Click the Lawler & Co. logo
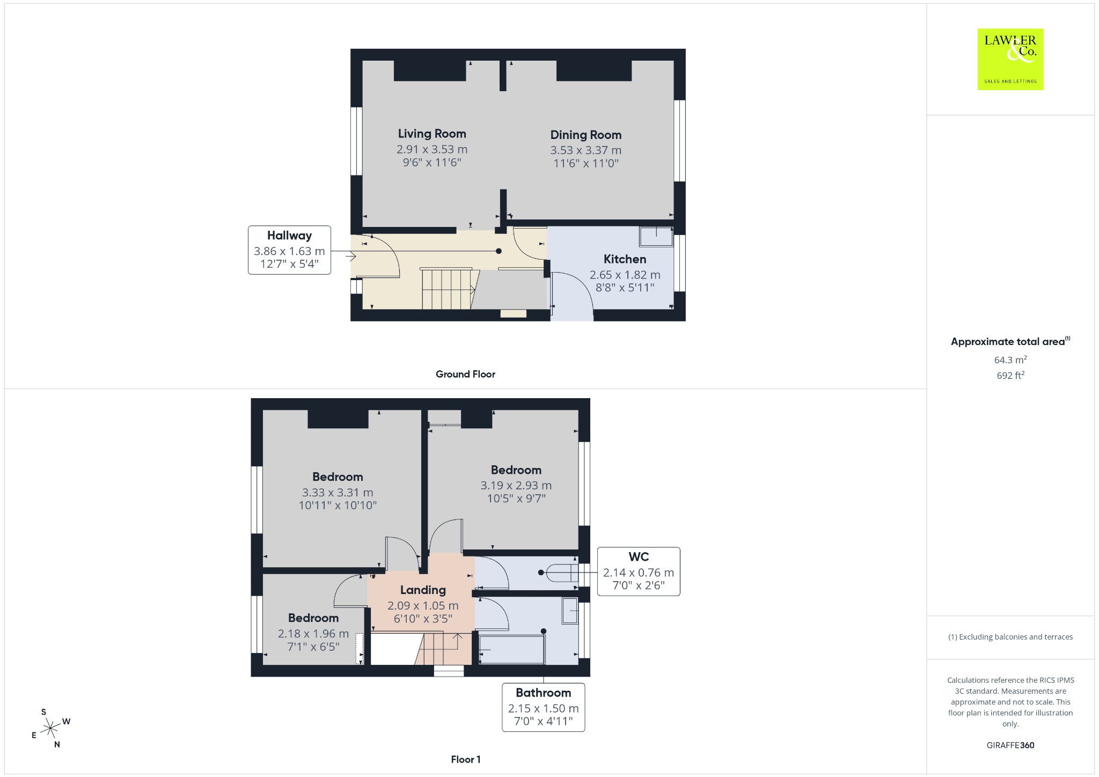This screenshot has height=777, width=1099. click(x=1010, y=59)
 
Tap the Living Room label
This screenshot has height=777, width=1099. click(x=432, y=134)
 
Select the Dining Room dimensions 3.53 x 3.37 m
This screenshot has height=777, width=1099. click(x=586, y=150)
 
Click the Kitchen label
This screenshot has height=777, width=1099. click(x=625, y=259)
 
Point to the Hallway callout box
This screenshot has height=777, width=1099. click(x=289, y=250)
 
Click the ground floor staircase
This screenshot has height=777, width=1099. click(x=447, y=289)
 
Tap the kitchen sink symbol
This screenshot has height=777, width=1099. click(x=656, y=237)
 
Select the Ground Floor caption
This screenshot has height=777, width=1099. click(x=465, y=374)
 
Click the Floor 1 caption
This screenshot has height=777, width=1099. click(x=466, y=759)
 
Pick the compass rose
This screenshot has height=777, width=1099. click(x=50, y=728)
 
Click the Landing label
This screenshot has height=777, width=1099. click(x=423, y=590)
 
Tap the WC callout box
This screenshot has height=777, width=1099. click(x=639, y=571)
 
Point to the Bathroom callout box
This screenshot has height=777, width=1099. click(x=543, y=707)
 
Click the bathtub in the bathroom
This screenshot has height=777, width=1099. click(x=511, y=650)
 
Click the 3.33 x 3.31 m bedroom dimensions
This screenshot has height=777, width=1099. click(x=338, y=493)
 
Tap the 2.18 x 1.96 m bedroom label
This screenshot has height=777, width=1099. click(x=313, y=618)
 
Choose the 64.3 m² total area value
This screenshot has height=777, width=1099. click(x=1010, y=360)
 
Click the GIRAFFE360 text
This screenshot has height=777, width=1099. click(x=1010, y=745)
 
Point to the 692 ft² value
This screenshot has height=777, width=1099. click(x=1010, y=375)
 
